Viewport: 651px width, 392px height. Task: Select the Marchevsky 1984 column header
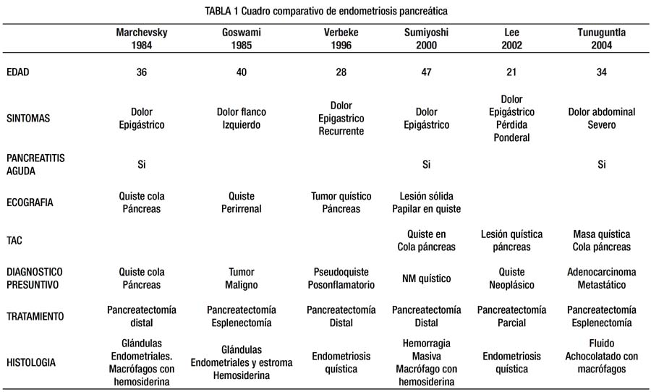pyautogui.click(x=142, y=38)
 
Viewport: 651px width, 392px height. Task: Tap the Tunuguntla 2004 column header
pyautogui.click(x=602, y=38)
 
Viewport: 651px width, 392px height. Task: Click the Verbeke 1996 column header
pyautogui.click(x=341, y=38)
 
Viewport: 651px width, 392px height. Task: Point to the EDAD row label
pyautogui.click(x=18, y=72)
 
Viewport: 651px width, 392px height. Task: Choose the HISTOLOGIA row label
pyautogui.click(x=30, y=362)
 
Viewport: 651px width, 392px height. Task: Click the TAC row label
pyautogui.click(x=14, y=240)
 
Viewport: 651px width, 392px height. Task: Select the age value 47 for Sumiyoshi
pyautogui.click(x=426, y=72)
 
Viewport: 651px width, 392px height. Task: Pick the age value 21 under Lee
pyautogui.click(x=511, y=72)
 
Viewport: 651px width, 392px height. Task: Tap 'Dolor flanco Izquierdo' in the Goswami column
pyautogui.click(x=241, y=119)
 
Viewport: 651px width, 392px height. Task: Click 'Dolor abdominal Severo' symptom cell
pyautogui.click(x=602, y=119)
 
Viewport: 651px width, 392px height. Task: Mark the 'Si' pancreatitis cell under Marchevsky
pyautogui.click(x=142, y=164)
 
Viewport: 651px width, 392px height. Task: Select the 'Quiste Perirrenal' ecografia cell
pyautogui.click(x=241, y=203)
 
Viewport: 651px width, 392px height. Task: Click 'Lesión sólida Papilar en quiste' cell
pyautogui.click(x=426, y=203)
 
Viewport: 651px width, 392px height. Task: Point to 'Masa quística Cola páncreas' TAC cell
pyautogui.click(x=602, y=240)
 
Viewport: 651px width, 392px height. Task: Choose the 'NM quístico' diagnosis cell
pyautogui.click(x=426, y=278)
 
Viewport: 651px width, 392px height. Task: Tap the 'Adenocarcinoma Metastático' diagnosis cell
pyautogui.click(x=602, y=278)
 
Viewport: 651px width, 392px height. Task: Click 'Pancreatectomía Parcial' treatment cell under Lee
pyautogui.click(x=511, y=317)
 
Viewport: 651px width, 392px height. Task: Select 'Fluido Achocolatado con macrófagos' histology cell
pyautogui.click(x=602, y=357)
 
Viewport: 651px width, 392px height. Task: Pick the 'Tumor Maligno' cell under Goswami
pyautogui.click(x=241, y=278)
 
